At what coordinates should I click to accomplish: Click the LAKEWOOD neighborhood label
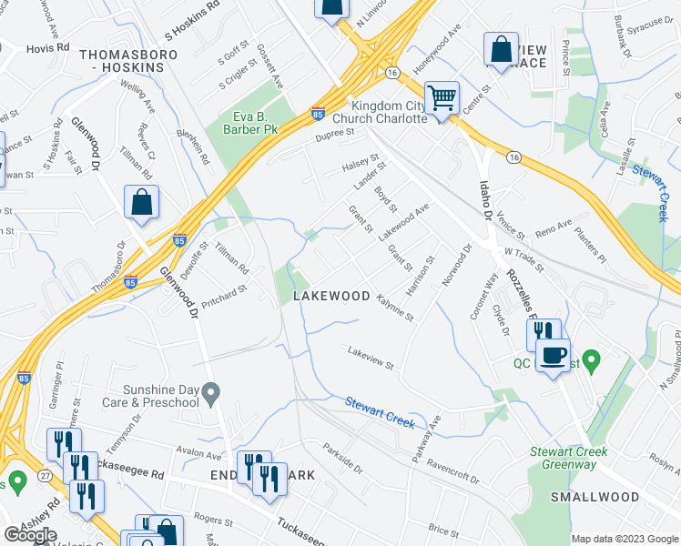331,297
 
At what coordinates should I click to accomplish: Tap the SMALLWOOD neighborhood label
595,497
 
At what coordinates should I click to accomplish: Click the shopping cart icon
442,96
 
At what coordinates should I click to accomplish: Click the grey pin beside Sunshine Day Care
211,395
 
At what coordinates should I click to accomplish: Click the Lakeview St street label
371,359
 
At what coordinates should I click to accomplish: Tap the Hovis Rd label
47,48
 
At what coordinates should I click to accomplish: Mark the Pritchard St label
224,298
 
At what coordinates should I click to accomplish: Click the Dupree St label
334,134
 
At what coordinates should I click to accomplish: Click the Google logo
31,534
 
